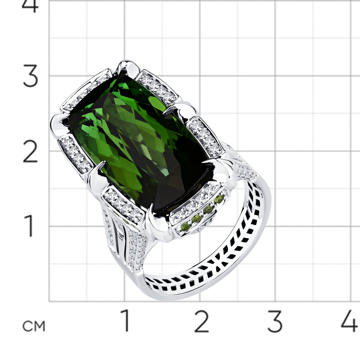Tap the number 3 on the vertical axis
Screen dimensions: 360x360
[x=30, y=76]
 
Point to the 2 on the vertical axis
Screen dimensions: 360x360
[x=30, y=152]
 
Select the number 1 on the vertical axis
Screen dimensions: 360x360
[x=30, y=226]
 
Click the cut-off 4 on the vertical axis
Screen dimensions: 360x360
[x=30, y=6]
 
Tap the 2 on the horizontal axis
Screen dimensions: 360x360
[x=201, y=321]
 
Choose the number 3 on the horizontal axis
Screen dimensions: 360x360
[x=275, y=321]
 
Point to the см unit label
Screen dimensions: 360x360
[x=34, y=326]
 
